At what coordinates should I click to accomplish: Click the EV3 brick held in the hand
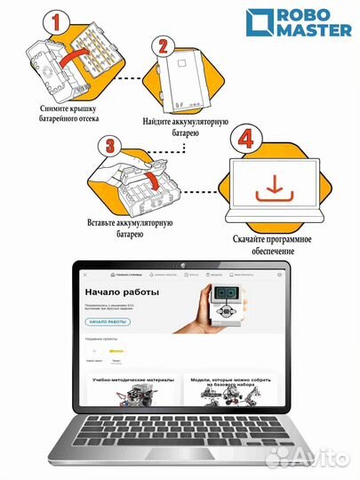(x=223, y=307)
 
